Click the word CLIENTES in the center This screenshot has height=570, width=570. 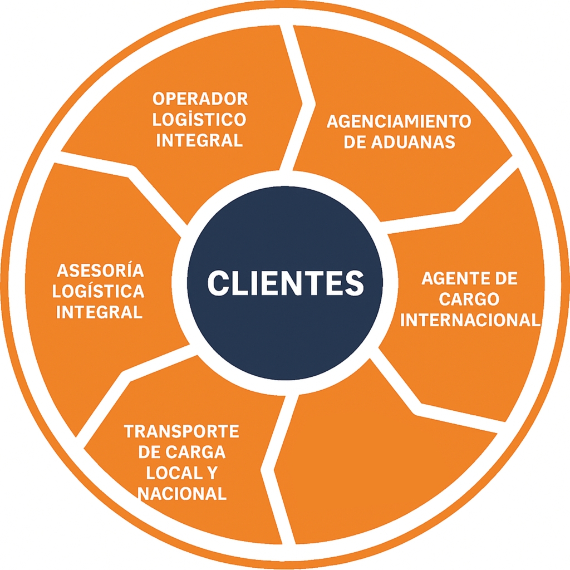pyautogui.click(x=285, y=282)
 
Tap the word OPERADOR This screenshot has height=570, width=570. pyautogui.click(x=200, y=99)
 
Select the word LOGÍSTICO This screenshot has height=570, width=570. pyautogui.click(x=200, y=119)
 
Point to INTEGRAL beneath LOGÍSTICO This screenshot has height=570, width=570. pyautogui.click(x=200, y=140)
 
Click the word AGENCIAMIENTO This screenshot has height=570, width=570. pyautogui.click(x=399, y=121)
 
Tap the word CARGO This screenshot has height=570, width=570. pyautogui.click(x=469, y=299)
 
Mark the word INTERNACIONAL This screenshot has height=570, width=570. pyautogui.click(x=470, y=320)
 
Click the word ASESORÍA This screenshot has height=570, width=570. pyautogui.click(x=100, y=271)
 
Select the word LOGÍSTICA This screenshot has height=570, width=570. pyautogui.click(x=100, y=291)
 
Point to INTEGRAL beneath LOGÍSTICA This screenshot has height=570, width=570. pyautogui.click(x=100, y=312)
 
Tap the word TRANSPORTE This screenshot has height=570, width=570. pyautogui.click(x=181, y=431)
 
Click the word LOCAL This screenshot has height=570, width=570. pyautogui.click(x=171, y=473)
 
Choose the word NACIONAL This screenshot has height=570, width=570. pyautogui.click(x=181, y=493)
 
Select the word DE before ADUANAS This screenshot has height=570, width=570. pyautogui.click(x=353, y=141)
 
